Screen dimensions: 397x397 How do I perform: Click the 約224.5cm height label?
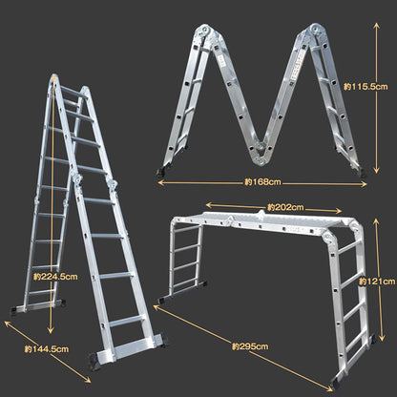(55, 277)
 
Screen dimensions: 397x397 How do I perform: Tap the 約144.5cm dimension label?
(47, 349)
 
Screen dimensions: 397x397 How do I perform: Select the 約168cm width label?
(262, 182)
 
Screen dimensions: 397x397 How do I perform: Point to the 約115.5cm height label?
(366, 87)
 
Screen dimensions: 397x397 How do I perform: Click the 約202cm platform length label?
(285, 207)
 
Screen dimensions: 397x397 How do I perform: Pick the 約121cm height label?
(377, 282)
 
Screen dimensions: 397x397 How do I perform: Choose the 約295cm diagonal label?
(250, 346)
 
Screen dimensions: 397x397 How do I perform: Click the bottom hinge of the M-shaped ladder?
(261, 156)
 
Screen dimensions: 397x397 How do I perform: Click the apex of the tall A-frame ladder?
(54, 77)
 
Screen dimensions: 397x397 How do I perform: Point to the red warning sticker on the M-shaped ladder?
(298, 65)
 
